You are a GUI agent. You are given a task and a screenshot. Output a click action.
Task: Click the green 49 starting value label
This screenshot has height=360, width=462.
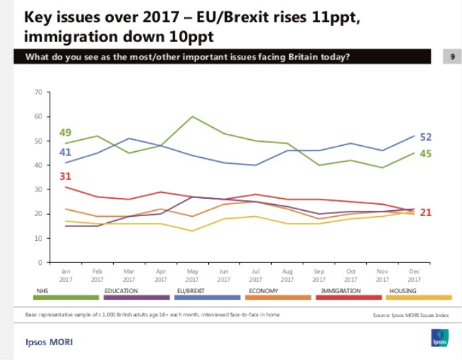click(65, 132)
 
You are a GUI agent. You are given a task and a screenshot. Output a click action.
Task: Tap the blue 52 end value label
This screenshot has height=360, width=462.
click(426, 137)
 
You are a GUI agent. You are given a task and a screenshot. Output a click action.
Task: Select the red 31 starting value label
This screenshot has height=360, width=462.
click(65, 177)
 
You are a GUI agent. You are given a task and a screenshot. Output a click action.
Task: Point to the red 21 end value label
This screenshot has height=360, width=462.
click(426, 213)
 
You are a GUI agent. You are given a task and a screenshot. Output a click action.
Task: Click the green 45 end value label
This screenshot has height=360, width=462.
click(426, 154)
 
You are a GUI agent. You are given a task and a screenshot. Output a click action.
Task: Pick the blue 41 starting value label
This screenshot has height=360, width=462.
click(65, 153)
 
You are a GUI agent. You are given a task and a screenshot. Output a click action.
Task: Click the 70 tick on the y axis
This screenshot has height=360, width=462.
click(38, 92)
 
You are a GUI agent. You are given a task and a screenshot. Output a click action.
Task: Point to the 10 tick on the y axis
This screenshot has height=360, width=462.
click(38, 238)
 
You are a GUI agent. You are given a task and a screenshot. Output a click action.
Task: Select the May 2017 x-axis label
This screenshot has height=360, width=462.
click(192, 276)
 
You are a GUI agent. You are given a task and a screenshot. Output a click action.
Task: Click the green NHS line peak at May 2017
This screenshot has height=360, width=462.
click(193, 116)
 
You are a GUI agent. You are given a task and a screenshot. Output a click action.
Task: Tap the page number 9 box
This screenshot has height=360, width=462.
click(452, 58)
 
